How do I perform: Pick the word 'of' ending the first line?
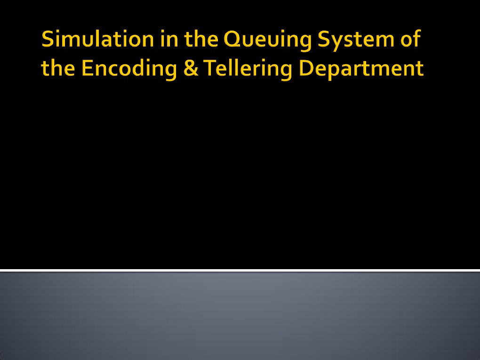409,40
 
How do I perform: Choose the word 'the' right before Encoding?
58,69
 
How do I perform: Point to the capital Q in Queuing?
232,40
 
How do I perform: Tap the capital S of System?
323,40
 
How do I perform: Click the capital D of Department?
307,69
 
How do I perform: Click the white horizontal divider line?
240,270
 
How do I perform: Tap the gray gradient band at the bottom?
240,315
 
